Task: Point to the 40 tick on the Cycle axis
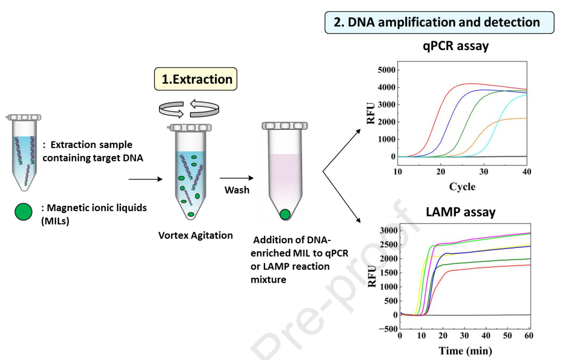click(x=526, y=172)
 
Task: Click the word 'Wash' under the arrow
click(x=237, y=190)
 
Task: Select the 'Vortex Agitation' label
click(x=196, y=235)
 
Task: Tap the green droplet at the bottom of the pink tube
click(x=284, y=215)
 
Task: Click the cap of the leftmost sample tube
click(x=24, y=117)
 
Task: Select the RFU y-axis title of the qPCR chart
click(x=371, y=113)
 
